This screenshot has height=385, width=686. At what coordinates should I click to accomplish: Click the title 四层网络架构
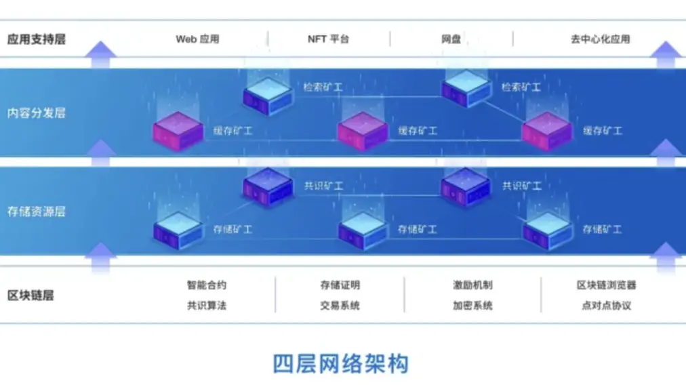pyautogui.click(x=341, y=364)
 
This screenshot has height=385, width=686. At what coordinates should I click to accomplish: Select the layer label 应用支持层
pyautogui.click(x=37, y=39)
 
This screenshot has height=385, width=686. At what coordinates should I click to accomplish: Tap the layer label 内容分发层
pyautogui.click(x=37, y=113)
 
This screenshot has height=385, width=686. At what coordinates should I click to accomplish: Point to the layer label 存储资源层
pyautogui.click(x=37, y=211)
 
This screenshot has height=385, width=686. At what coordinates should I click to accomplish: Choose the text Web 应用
pyautogui.click(x=197, y=39)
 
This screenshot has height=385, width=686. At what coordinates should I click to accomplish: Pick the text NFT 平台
pyautogui.click(x=328, y=39)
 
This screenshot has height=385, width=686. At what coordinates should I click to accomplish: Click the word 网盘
pyautogui.click(x=451, y=39)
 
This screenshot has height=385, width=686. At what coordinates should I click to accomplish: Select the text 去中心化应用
pyautogui.click(x=600, y=39)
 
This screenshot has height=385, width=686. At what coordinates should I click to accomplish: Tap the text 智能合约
pyautogui.click(x=207, y=285)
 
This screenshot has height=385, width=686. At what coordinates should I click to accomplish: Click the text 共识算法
pyautogui.click(x=207, y=306)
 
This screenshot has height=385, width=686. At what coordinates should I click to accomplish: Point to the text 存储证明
pyautogui.click(x=340, y=285)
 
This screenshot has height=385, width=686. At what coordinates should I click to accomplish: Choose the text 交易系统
pyautogui.click(x=340, y=306)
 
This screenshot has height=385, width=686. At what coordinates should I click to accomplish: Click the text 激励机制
pyautogui.click(x=472, y=285)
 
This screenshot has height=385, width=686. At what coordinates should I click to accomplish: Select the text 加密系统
pyautogui.click(x=472, y=306)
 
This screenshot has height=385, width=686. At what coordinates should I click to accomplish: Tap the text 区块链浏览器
pyautogui.click(x=607, y=285)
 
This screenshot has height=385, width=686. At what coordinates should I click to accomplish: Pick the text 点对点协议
pyautogui.click(x=607, y=306)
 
